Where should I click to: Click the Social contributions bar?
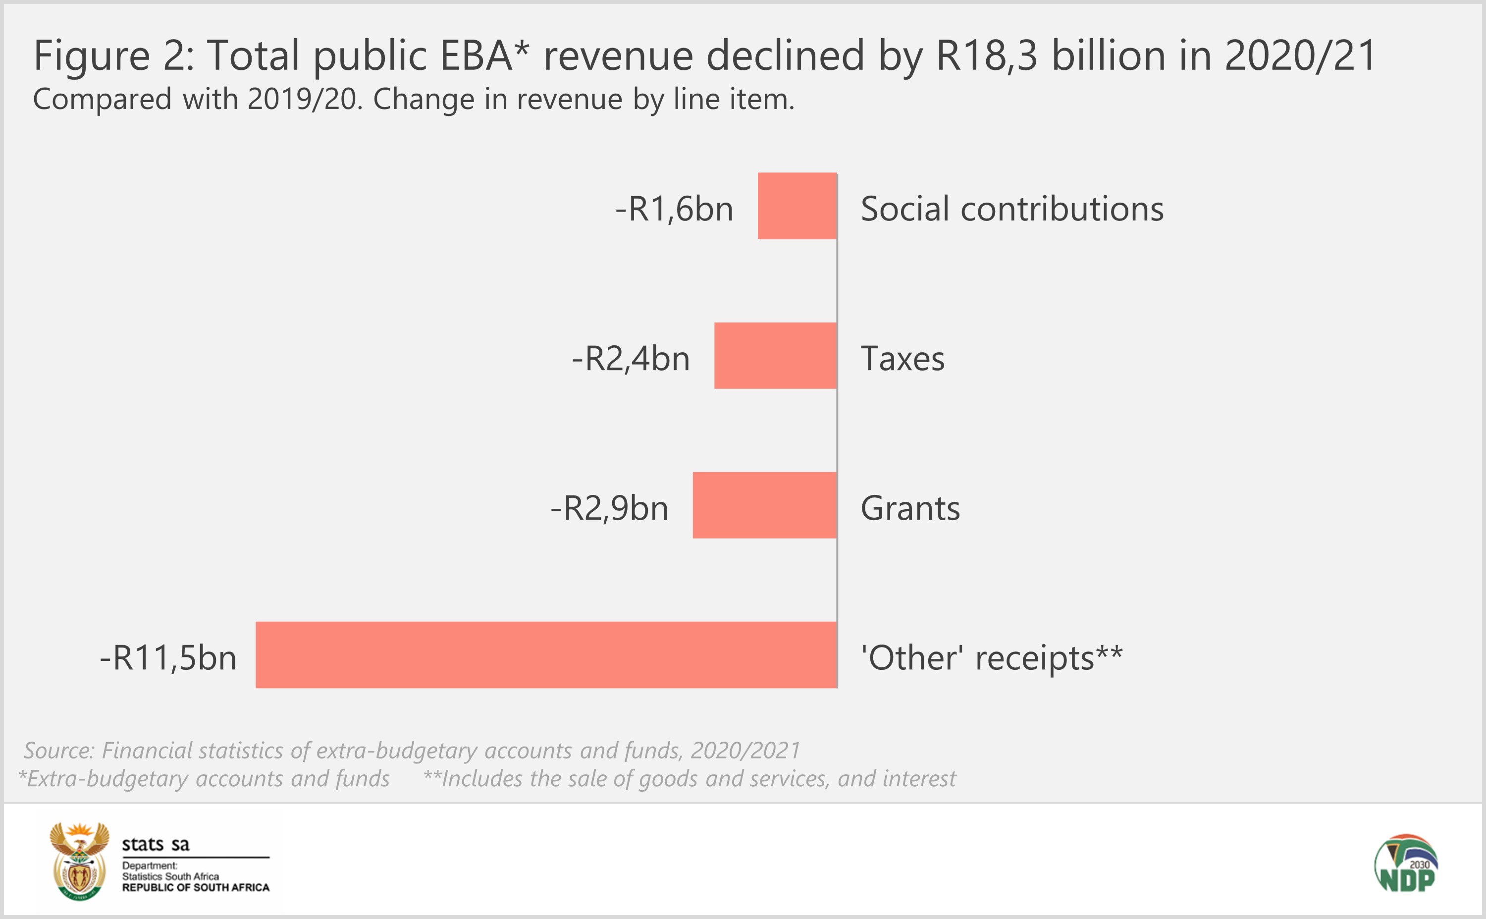coord(797,206)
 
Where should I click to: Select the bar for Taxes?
coord(775,356)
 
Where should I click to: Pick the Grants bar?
coord(764,505)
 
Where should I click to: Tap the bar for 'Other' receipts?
coord(546,654)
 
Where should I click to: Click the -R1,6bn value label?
coord(674,209)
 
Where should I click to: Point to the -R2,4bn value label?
coord(631,359)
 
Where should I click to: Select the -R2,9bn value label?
coord(609,508)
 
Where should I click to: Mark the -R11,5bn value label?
coord(168,657)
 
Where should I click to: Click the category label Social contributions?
coord(1012,209)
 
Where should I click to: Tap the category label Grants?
coord(910,508)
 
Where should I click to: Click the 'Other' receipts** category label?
coord(992,657)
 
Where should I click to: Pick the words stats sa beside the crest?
coord(156,844)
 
